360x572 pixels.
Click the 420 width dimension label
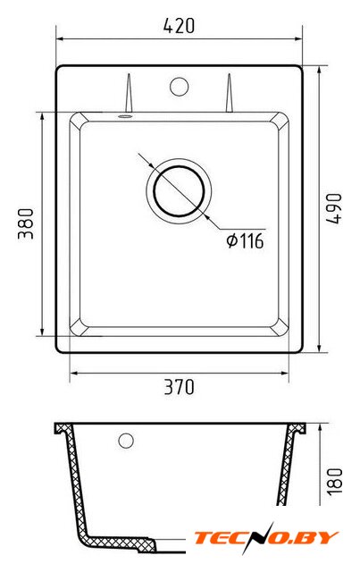(x=179, y=26)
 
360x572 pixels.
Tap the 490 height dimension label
(x=334, y=208)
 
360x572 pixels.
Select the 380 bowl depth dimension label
(x=26, y=223)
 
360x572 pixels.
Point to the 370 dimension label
(x=179, y=387)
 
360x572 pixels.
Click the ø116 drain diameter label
(x=245, y=240)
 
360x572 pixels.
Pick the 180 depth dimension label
(x=334, y=481)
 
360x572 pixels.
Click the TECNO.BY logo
(x=266, y=538)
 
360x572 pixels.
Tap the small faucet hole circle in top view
(x=179, y=87)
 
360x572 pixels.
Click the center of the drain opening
(x=179, y=190)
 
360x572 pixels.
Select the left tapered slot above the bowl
(x=129, y=93)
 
